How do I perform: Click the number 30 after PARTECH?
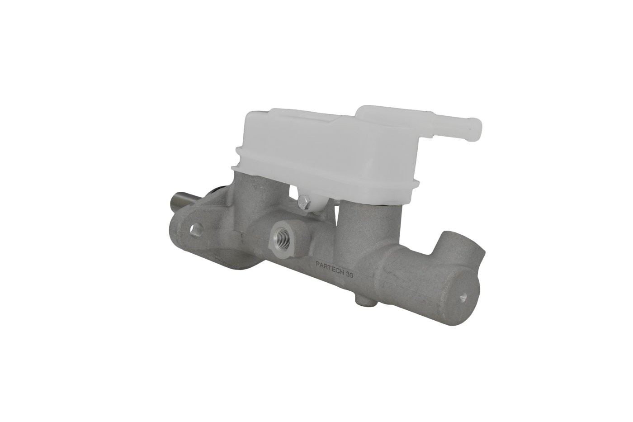point(349,276)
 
